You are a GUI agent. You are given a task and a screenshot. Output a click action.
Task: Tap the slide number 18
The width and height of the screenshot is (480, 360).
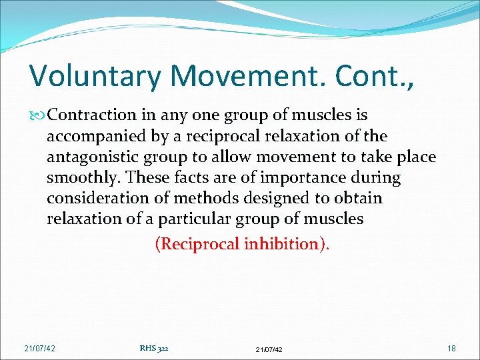click(451, 348)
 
